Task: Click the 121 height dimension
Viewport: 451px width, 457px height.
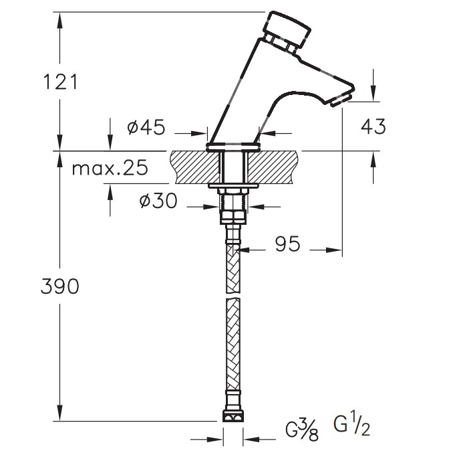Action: [60, 82]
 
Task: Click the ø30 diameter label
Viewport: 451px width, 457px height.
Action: [158, 201]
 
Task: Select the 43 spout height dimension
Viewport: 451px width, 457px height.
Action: [371, 126]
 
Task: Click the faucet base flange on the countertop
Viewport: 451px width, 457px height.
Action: [233, 146]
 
